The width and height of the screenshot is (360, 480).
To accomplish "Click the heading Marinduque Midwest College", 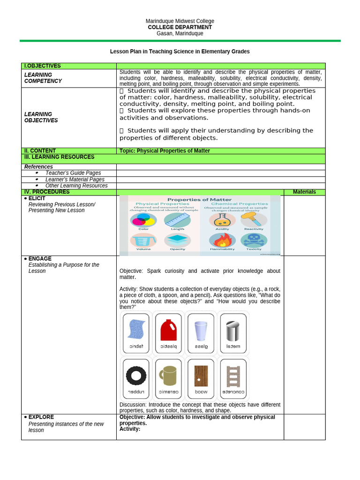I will click(180, 21).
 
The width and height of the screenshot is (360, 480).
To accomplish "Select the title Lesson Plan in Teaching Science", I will click(180, 52).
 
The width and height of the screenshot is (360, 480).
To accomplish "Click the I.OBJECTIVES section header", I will click(43, 66).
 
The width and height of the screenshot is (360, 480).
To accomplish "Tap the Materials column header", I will click(304, 192).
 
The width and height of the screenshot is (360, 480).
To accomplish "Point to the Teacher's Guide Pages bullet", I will click(73, 173).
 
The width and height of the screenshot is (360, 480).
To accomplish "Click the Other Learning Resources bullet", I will click(76, 186).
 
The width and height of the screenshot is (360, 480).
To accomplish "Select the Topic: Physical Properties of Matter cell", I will click(165, 151).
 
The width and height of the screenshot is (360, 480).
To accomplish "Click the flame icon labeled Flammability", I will click(222, 240).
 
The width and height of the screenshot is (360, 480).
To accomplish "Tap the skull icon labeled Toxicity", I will click(254, 240).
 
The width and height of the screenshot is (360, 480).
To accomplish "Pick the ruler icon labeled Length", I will click(177, 220).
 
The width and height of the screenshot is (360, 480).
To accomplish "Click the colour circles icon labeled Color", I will click(143, 220).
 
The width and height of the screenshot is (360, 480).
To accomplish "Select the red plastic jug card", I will click(169, 330).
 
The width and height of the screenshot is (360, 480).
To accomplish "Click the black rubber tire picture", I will click(136, 375).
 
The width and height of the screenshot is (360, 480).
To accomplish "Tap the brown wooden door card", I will click(201, 375).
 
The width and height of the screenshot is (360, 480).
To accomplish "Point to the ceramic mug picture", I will click(168, 375).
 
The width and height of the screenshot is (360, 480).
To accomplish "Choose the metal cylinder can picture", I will click(233, 330).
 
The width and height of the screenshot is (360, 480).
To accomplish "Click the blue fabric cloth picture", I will click(136, 330).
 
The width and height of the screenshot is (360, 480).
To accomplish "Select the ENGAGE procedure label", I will click(40, 259).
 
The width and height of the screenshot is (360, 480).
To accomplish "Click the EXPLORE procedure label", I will click(41, 417).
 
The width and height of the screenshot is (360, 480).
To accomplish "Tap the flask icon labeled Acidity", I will click(222, 219).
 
